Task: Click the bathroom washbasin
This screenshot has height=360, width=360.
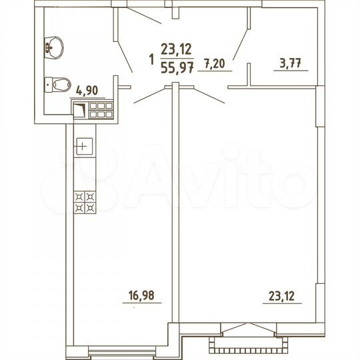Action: [53, 45]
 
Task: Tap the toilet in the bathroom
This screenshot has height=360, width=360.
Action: [58, 84]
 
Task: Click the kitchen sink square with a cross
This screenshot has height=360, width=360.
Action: [83, 145]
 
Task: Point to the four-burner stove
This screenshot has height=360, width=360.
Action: [85, 202]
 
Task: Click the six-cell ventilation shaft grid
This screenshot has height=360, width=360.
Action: [102, 109]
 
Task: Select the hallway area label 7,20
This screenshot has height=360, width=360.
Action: [215, 64]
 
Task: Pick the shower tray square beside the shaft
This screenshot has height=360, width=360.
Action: [79, 110]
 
